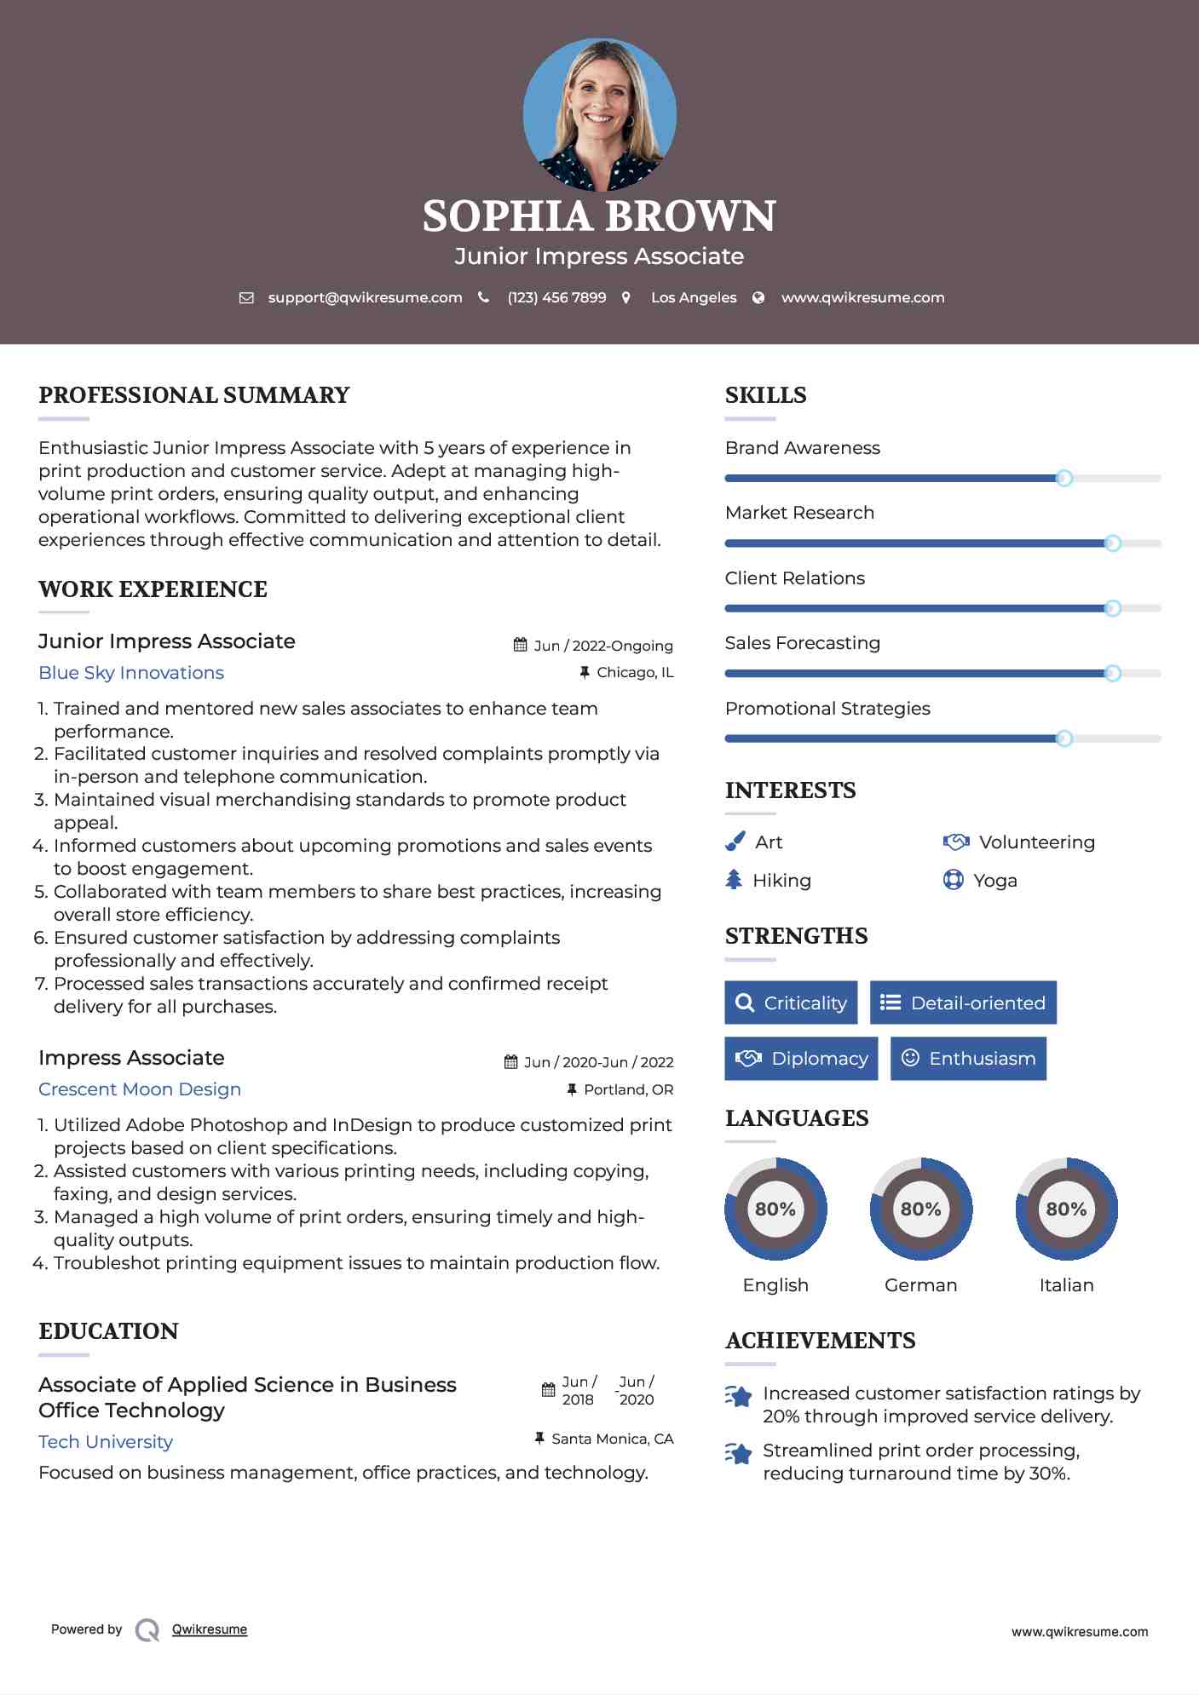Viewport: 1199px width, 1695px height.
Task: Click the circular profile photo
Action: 599,114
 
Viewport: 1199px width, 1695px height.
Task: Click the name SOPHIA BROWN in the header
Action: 599,216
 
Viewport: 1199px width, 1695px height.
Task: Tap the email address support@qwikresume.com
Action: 365,298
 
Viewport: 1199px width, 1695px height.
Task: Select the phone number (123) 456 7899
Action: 556,298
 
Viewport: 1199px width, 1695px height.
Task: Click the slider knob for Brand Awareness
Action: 1064,479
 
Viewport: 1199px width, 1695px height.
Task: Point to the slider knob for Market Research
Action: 1112,543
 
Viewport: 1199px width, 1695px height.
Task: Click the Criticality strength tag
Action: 791,1003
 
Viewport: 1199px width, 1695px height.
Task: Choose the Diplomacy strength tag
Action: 801,1059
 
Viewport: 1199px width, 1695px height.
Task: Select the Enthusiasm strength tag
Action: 968,1059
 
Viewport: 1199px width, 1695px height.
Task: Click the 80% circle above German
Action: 920,1209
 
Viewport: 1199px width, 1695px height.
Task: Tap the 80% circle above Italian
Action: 1066,1209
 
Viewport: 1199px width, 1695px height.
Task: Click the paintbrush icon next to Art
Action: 735,842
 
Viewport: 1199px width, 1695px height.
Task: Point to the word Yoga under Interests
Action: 995,881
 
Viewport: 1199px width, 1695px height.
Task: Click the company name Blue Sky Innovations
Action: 131,673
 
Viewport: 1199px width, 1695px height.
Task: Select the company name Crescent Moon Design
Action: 140,1089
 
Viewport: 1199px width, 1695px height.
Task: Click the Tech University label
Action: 106,1442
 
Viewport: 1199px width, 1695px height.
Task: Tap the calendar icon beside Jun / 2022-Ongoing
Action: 520,645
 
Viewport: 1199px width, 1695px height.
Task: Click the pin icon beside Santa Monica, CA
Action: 539,1439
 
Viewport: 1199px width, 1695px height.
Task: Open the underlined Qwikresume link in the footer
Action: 210,1629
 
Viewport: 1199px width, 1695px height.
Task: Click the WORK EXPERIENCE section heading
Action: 153,589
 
